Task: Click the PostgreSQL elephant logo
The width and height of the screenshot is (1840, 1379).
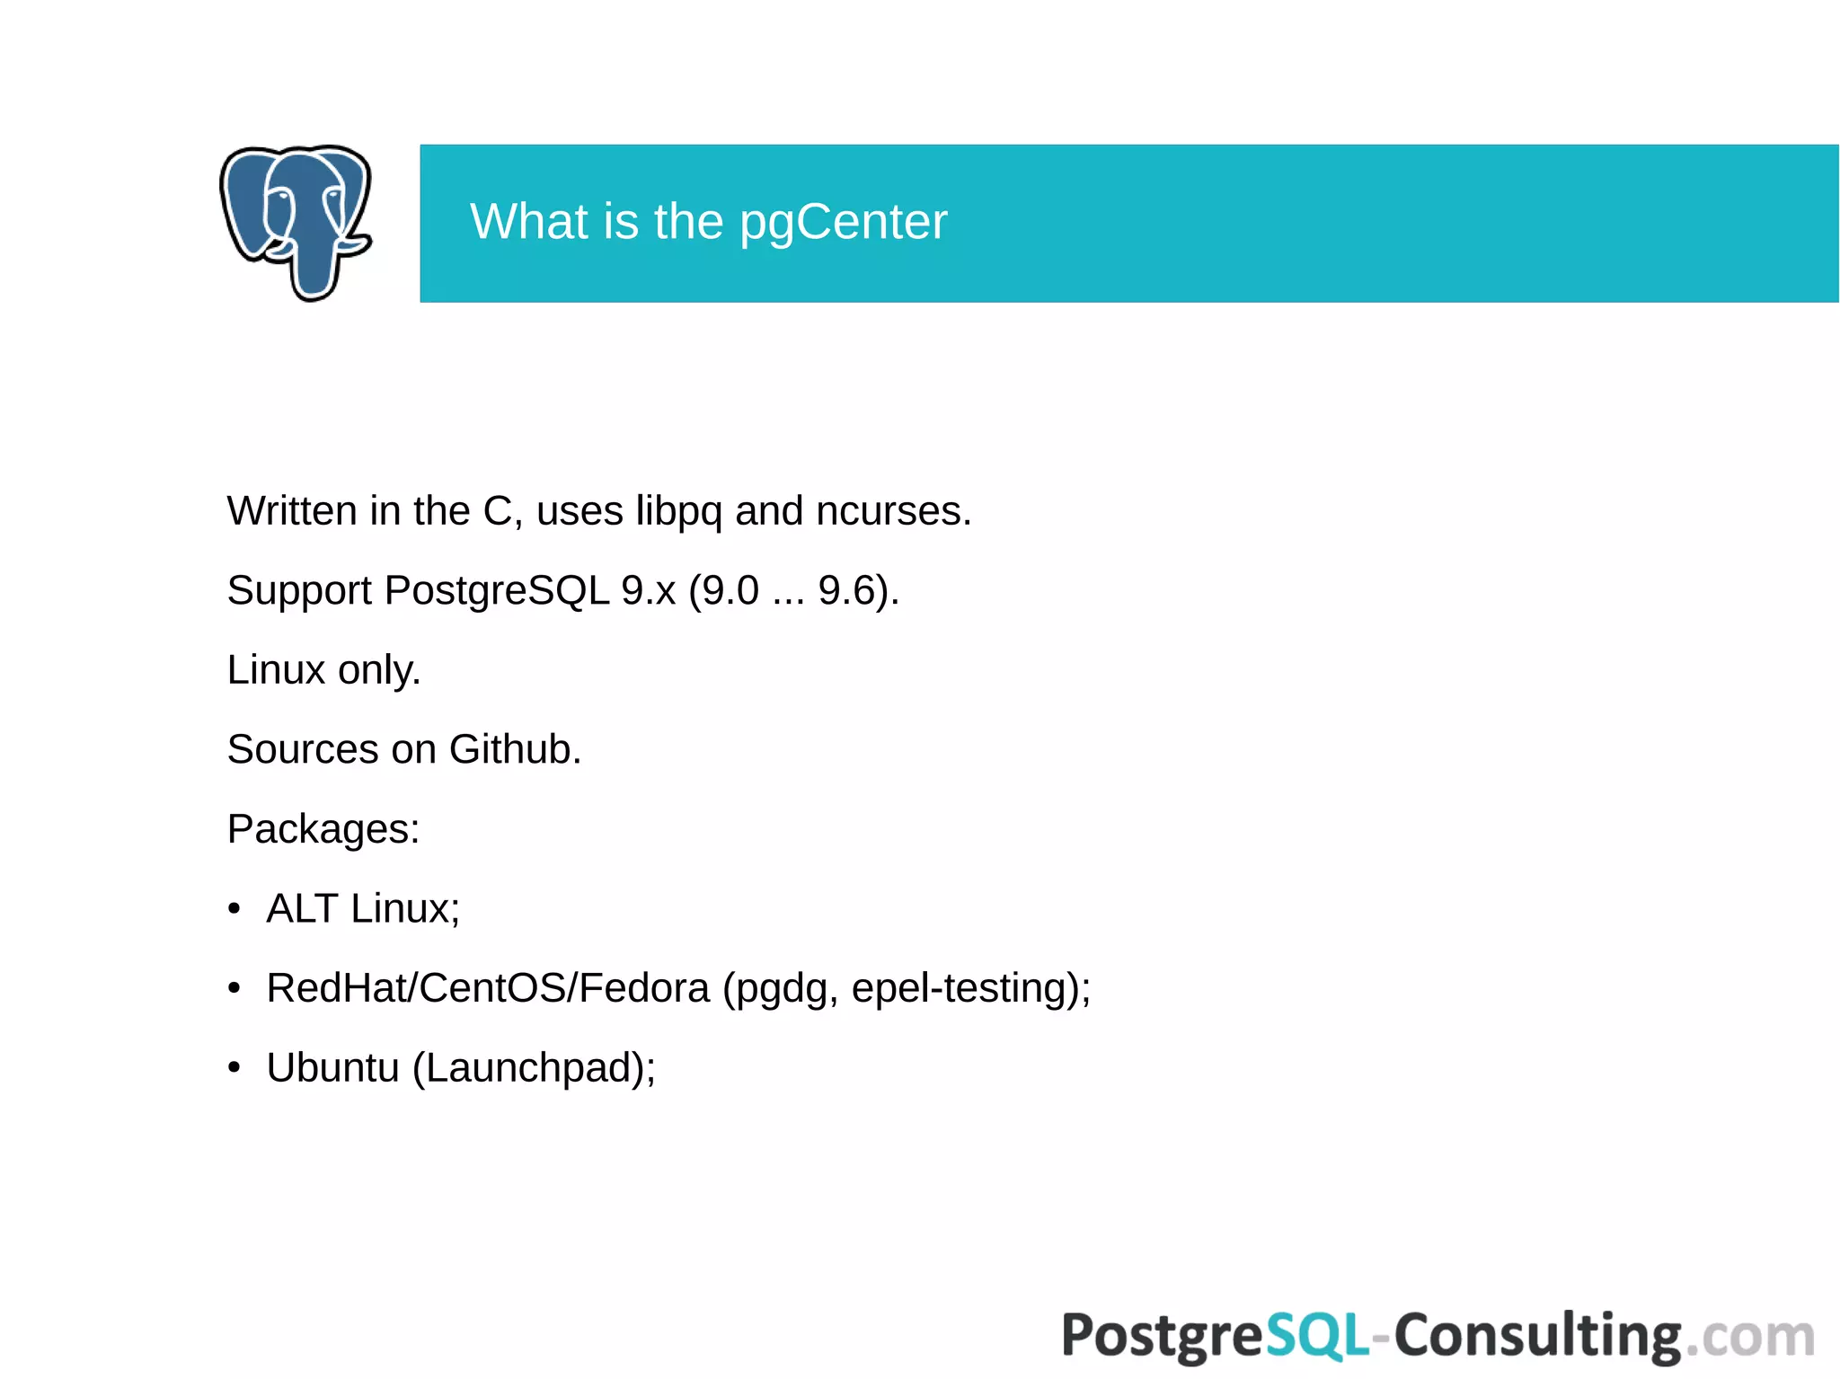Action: pos(296,222)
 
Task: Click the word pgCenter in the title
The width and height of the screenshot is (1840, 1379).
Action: pos(843,222)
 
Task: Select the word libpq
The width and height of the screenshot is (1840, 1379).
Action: pos(678,512)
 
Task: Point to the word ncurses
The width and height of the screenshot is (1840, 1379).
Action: pos(893,512)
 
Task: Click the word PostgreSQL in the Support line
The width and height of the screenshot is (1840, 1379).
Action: pos(497,591)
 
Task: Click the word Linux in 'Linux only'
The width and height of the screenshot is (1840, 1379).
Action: pos(276,670)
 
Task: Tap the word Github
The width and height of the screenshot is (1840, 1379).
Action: pos(514,749)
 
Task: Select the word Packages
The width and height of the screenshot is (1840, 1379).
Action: pos(323,829)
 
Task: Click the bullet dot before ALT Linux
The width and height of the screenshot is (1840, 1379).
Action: pos(234,909)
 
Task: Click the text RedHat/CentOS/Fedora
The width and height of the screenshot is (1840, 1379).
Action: pos(488,988)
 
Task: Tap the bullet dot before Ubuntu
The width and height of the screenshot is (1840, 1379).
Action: pos(234,1068)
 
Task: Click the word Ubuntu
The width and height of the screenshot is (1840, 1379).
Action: pos(332,1068)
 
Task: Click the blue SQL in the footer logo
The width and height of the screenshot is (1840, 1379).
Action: pos(1317,1336)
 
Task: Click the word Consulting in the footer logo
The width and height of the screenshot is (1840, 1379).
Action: pos(1537,1336)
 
